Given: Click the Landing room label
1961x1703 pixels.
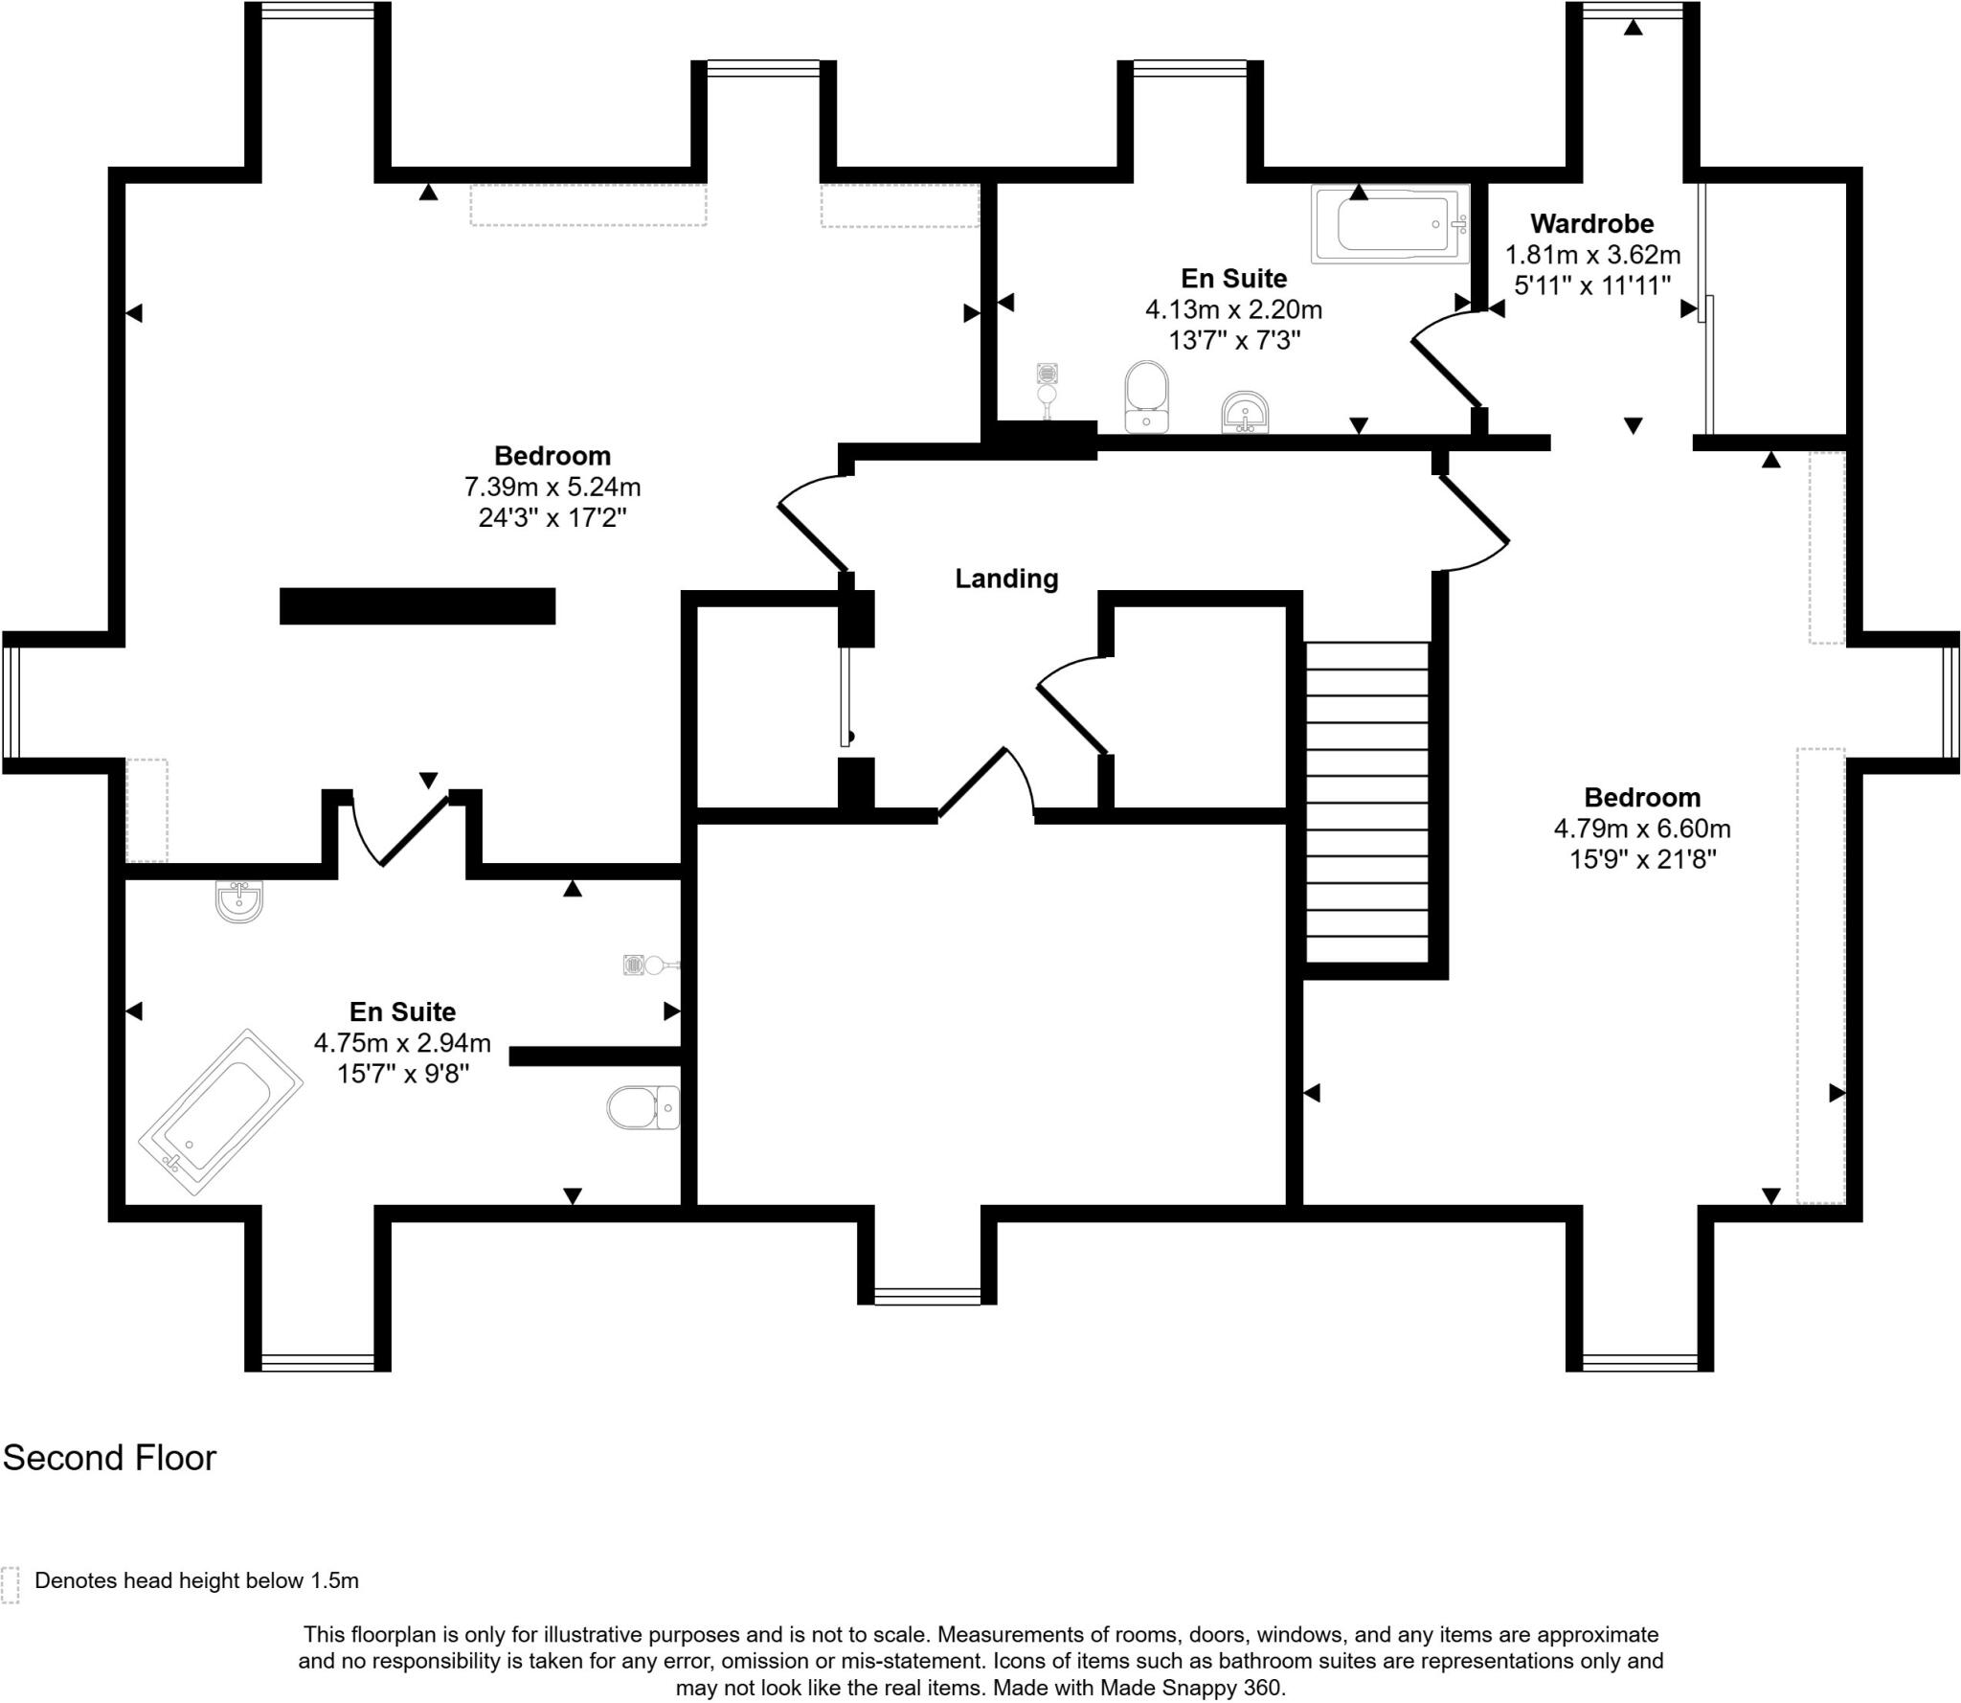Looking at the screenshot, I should point(1006,579).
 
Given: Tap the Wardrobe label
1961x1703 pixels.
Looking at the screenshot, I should point(1591,224).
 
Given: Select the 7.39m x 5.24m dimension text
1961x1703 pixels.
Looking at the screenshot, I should point(552,487).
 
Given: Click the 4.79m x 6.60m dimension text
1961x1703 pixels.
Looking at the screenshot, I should point(1642,829).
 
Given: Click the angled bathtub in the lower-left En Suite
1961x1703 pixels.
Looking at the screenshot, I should point(221,1112).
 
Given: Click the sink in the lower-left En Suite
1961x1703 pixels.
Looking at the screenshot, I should point(238,901).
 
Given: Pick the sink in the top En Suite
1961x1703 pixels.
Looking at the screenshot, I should point(1246,413).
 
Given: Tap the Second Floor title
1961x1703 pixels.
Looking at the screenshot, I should point(109,1458).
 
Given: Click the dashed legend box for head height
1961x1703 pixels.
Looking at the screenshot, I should point(11,1585).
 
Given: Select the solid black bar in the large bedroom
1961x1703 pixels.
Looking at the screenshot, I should point(417,606).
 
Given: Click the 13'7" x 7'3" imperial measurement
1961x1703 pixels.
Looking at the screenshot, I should point(1234,340).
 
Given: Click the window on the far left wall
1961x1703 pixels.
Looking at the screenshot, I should point(11,702).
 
